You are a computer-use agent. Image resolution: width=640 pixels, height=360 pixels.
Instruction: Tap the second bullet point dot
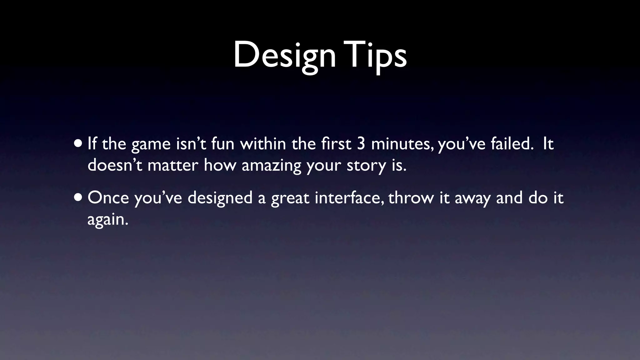point(79,198)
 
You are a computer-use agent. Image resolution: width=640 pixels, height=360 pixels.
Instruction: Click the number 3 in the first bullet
point(361,144)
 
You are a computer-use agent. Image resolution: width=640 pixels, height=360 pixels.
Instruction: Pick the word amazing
point(271,166)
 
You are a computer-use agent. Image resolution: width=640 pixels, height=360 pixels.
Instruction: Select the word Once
point(108,198)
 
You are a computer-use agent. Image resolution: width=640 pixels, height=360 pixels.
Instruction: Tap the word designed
point(220,198)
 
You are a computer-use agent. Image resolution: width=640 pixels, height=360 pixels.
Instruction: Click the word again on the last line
point(107,220)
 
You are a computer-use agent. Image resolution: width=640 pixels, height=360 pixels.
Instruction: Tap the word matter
point(173,166)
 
